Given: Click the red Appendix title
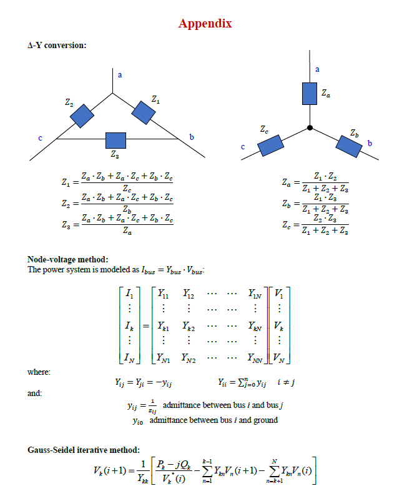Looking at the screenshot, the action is click(x=205, y=24).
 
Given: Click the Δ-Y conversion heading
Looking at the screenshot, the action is click(x=57, y=45).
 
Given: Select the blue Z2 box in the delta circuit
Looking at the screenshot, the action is click(x=82, y=116).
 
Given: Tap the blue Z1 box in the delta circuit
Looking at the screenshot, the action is click(x=144, y=112).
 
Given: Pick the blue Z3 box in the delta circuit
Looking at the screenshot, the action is click(x=115, y=139).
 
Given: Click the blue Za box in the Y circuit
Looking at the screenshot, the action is click(x=310, y=94).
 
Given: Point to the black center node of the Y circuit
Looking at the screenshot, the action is click(x=310, y=128).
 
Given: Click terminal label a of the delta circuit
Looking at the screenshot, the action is click(x=120, y=74).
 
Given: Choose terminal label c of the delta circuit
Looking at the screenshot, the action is click(x=41, y=138).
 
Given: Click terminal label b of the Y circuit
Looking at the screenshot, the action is click(x=370, y=144).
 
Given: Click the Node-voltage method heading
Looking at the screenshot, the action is click(x=67, y=259).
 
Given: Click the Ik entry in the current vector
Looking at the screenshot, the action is click(x=129, y=325).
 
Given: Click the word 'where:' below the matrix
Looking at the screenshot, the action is click(x=39, y=372).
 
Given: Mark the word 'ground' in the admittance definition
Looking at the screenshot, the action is click(x=265, y=420).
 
